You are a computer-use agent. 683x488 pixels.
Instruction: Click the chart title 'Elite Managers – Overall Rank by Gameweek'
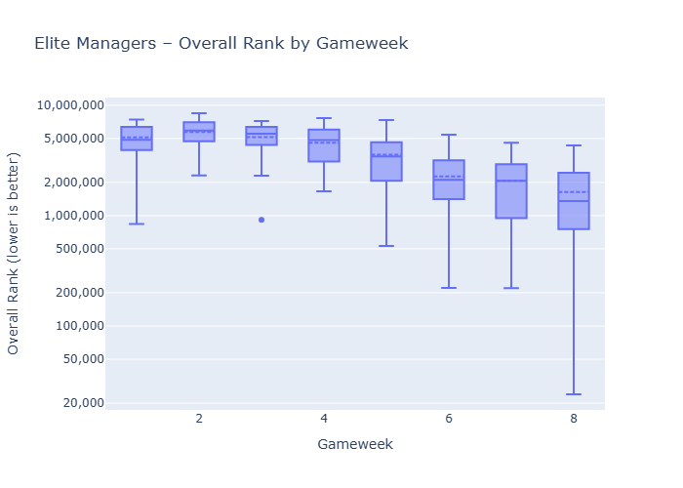click(x=221, y=44)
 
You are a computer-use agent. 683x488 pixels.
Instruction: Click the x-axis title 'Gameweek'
click(x=355, y=444)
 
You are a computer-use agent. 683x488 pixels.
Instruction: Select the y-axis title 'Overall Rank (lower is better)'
click(x=14, y=254)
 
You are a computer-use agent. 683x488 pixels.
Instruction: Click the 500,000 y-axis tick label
click(x=75, y=249)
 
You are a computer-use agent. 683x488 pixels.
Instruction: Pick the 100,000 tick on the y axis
click(x=75, y=326)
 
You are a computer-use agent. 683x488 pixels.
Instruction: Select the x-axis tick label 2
click(x=199, y=419)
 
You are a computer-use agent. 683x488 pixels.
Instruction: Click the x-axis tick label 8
click(x=574, y=419)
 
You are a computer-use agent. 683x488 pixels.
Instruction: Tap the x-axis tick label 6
click(x=449, y=419)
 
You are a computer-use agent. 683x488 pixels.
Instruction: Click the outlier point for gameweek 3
click(x=261, y=220)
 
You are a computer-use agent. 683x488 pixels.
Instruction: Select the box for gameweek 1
click(x=137, y=138)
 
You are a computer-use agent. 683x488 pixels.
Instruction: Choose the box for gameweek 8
click(x=574, y=200)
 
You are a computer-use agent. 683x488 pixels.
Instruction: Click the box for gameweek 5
click(x=386, y=161)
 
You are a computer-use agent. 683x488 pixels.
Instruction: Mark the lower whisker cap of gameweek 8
click(x=574, y=394)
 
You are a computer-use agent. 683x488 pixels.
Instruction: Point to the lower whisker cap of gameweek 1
click(x=137, y=224)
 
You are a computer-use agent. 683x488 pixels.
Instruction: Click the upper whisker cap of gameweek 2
click(x=199, y=113)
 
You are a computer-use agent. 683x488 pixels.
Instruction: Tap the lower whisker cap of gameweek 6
click(x=449, y=288)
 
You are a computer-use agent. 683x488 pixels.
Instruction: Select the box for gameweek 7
click(x=511, y=190)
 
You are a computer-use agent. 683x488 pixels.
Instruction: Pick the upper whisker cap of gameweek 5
click(x=386, y=120)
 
